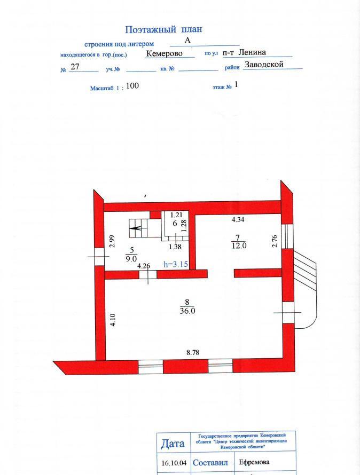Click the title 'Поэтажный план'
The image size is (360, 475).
click(163, 30)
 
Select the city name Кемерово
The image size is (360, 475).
click(165, 53)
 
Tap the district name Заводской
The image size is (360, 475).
click(264, 65)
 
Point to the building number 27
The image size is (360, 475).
click(75, 66)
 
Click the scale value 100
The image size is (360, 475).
click(132, 86)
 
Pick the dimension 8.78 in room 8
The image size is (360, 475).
click(193, 353)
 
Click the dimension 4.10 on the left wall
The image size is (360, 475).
click(113, 320)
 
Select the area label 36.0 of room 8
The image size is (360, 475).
click(187, 311)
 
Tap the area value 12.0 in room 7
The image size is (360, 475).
click(239, 246)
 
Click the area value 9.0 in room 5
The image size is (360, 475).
click(131, 258)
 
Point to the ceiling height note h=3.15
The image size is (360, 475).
click(176, 265)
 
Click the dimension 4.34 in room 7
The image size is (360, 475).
click(238, 220)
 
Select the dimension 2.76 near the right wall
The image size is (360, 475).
click(275, 241)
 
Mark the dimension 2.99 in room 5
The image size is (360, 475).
click(112, 241)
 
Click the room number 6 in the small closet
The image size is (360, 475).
click(174, 224)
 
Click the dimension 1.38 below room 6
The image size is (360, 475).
click(175, 247)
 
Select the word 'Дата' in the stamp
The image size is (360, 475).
click(173, 444)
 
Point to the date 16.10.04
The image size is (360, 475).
click(174, 463)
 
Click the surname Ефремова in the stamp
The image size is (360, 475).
click(254, 462)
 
